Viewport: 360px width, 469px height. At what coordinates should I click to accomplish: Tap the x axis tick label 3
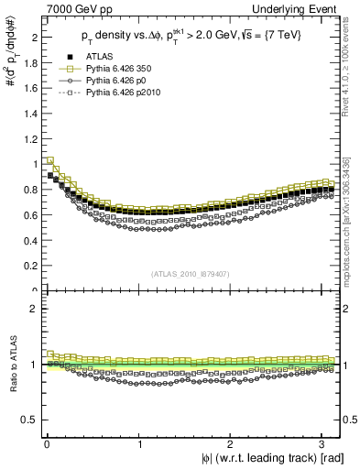click(323, 444)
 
